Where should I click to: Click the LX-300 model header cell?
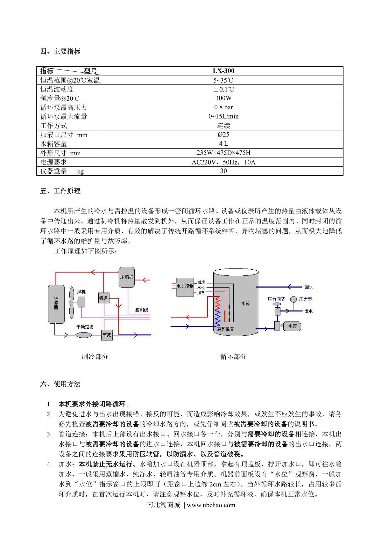pyautogui.click(x=223, y=71)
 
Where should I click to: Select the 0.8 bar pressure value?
pyautogui.click(x=223, y=107)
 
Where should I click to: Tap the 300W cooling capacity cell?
pyautogui.click(x=223, y=98)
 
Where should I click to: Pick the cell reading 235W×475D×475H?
pyautogui.click(x=223, y=153)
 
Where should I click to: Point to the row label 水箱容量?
pyautogui.click(x=54, y=144)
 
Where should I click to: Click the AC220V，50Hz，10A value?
pyautogui.click(x=223, y=162)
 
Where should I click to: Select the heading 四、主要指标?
pyautogui.click(x=60, y=51)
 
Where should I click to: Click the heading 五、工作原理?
pyautogui.click(x=60, y=191)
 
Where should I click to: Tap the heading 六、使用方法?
pyautogui.click(x=60, y=384)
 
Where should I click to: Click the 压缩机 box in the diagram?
pyautogui.click(x=126, y=277)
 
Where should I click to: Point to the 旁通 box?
pyautogui.click(x=103, y=298)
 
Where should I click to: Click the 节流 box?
pyautogui.click(x=107, y=335)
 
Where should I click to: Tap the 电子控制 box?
pyautogui.click(x=185, y=286)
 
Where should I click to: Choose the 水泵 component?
pyautogui.click(x=292, y=326)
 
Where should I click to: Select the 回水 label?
pyautogui.click(x=308, y=287)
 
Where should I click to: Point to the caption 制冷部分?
pyautogui.click(x=95, y=356)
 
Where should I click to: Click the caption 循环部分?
pyautogui.click(x=233, y=356)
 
